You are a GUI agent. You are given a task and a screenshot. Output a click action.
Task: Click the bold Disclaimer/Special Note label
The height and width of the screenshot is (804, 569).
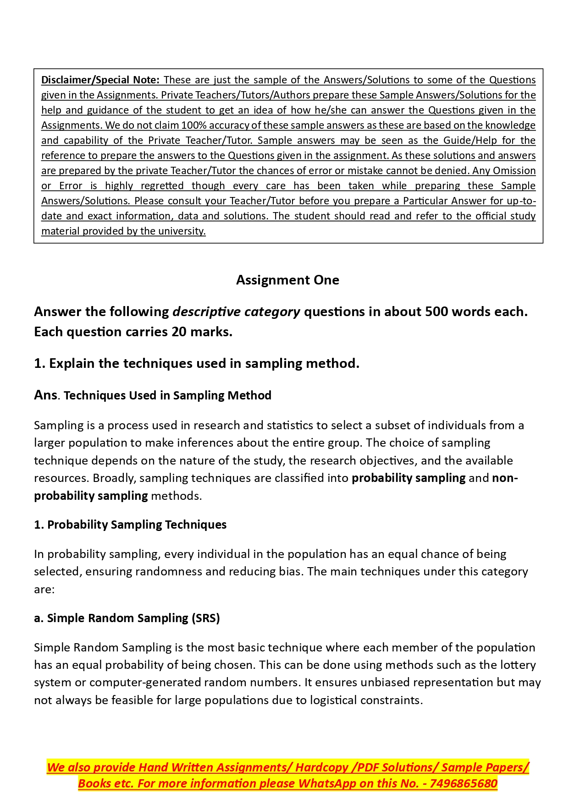[x=100, y=80]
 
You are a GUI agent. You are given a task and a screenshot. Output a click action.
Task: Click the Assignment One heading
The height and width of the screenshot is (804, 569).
[x=287, y=280]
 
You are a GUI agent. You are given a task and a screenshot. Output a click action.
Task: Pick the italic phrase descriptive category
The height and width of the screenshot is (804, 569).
[x=236, y=312]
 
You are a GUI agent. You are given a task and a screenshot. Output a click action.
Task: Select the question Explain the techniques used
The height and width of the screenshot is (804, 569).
[x=197, y=363]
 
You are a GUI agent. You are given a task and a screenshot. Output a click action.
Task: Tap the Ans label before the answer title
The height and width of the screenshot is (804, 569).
[x=45, y=395]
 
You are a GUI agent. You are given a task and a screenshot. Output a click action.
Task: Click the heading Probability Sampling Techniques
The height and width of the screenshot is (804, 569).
[x=137, y=525]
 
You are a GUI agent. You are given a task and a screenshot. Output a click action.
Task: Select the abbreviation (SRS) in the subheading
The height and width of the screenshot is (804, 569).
[x=206, y=618]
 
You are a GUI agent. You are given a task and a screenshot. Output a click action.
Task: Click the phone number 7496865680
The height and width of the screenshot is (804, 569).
[x=464, y=783]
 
